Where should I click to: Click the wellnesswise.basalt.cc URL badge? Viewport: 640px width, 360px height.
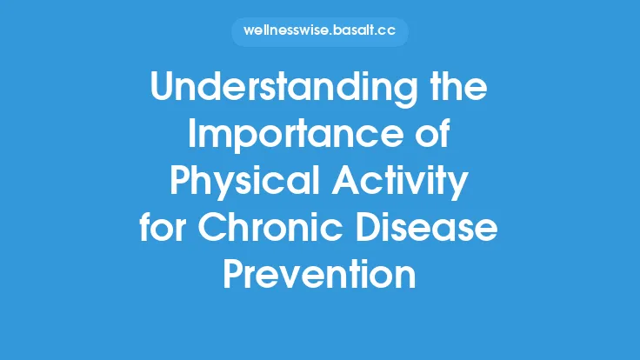(320, 32)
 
